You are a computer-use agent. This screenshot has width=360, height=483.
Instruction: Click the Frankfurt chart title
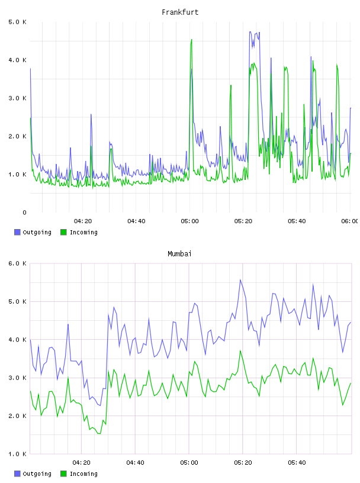180,12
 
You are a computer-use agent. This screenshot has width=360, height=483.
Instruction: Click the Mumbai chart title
179,254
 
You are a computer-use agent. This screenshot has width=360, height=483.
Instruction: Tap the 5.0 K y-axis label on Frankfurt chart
18,22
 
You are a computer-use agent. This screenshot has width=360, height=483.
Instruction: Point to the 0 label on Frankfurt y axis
24,212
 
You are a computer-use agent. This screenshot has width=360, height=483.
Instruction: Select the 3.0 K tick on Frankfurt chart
18,98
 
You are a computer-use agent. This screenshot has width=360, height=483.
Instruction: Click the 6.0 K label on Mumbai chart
18,263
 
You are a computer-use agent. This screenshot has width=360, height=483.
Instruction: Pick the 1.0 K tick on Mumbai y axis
18,454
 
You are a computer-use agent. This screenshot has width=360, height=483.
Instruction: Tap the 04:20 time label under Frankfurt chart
83,221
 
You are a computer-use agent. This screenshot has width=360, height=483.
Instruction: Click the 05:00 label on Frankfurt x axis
190,221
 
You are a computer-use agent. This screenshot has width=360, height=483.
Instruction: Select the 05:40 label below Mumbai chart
297,463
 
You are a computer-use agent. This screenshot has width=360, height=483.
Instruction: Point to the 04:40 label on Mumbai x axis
136,463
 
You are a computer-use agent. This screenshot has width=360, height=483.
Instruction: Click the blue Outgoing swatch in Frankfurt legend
17,232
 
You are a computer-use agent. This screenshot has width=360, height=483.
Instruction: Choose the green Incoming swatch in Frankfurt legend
63,232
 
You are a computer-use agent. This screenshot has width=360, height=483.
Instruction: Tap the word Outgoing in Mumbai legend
37,474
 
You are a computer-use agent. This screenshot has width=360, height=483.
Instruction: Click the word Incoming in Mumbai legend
83,474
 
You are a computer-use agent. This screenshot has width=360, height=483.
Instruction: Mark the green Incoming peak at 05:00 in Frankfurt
192,40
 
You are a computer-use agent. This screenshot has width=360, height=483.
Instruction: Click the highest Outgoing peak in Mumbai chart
240,280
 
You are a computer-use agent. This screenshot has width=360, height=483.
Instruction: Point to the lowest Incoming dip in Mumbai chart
99,434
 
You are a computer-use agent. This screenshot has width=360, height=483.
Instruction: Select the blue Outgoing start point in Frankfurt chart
30,69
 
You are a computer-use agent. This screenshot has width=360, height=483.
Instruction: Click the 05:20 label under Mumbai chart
243,463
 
